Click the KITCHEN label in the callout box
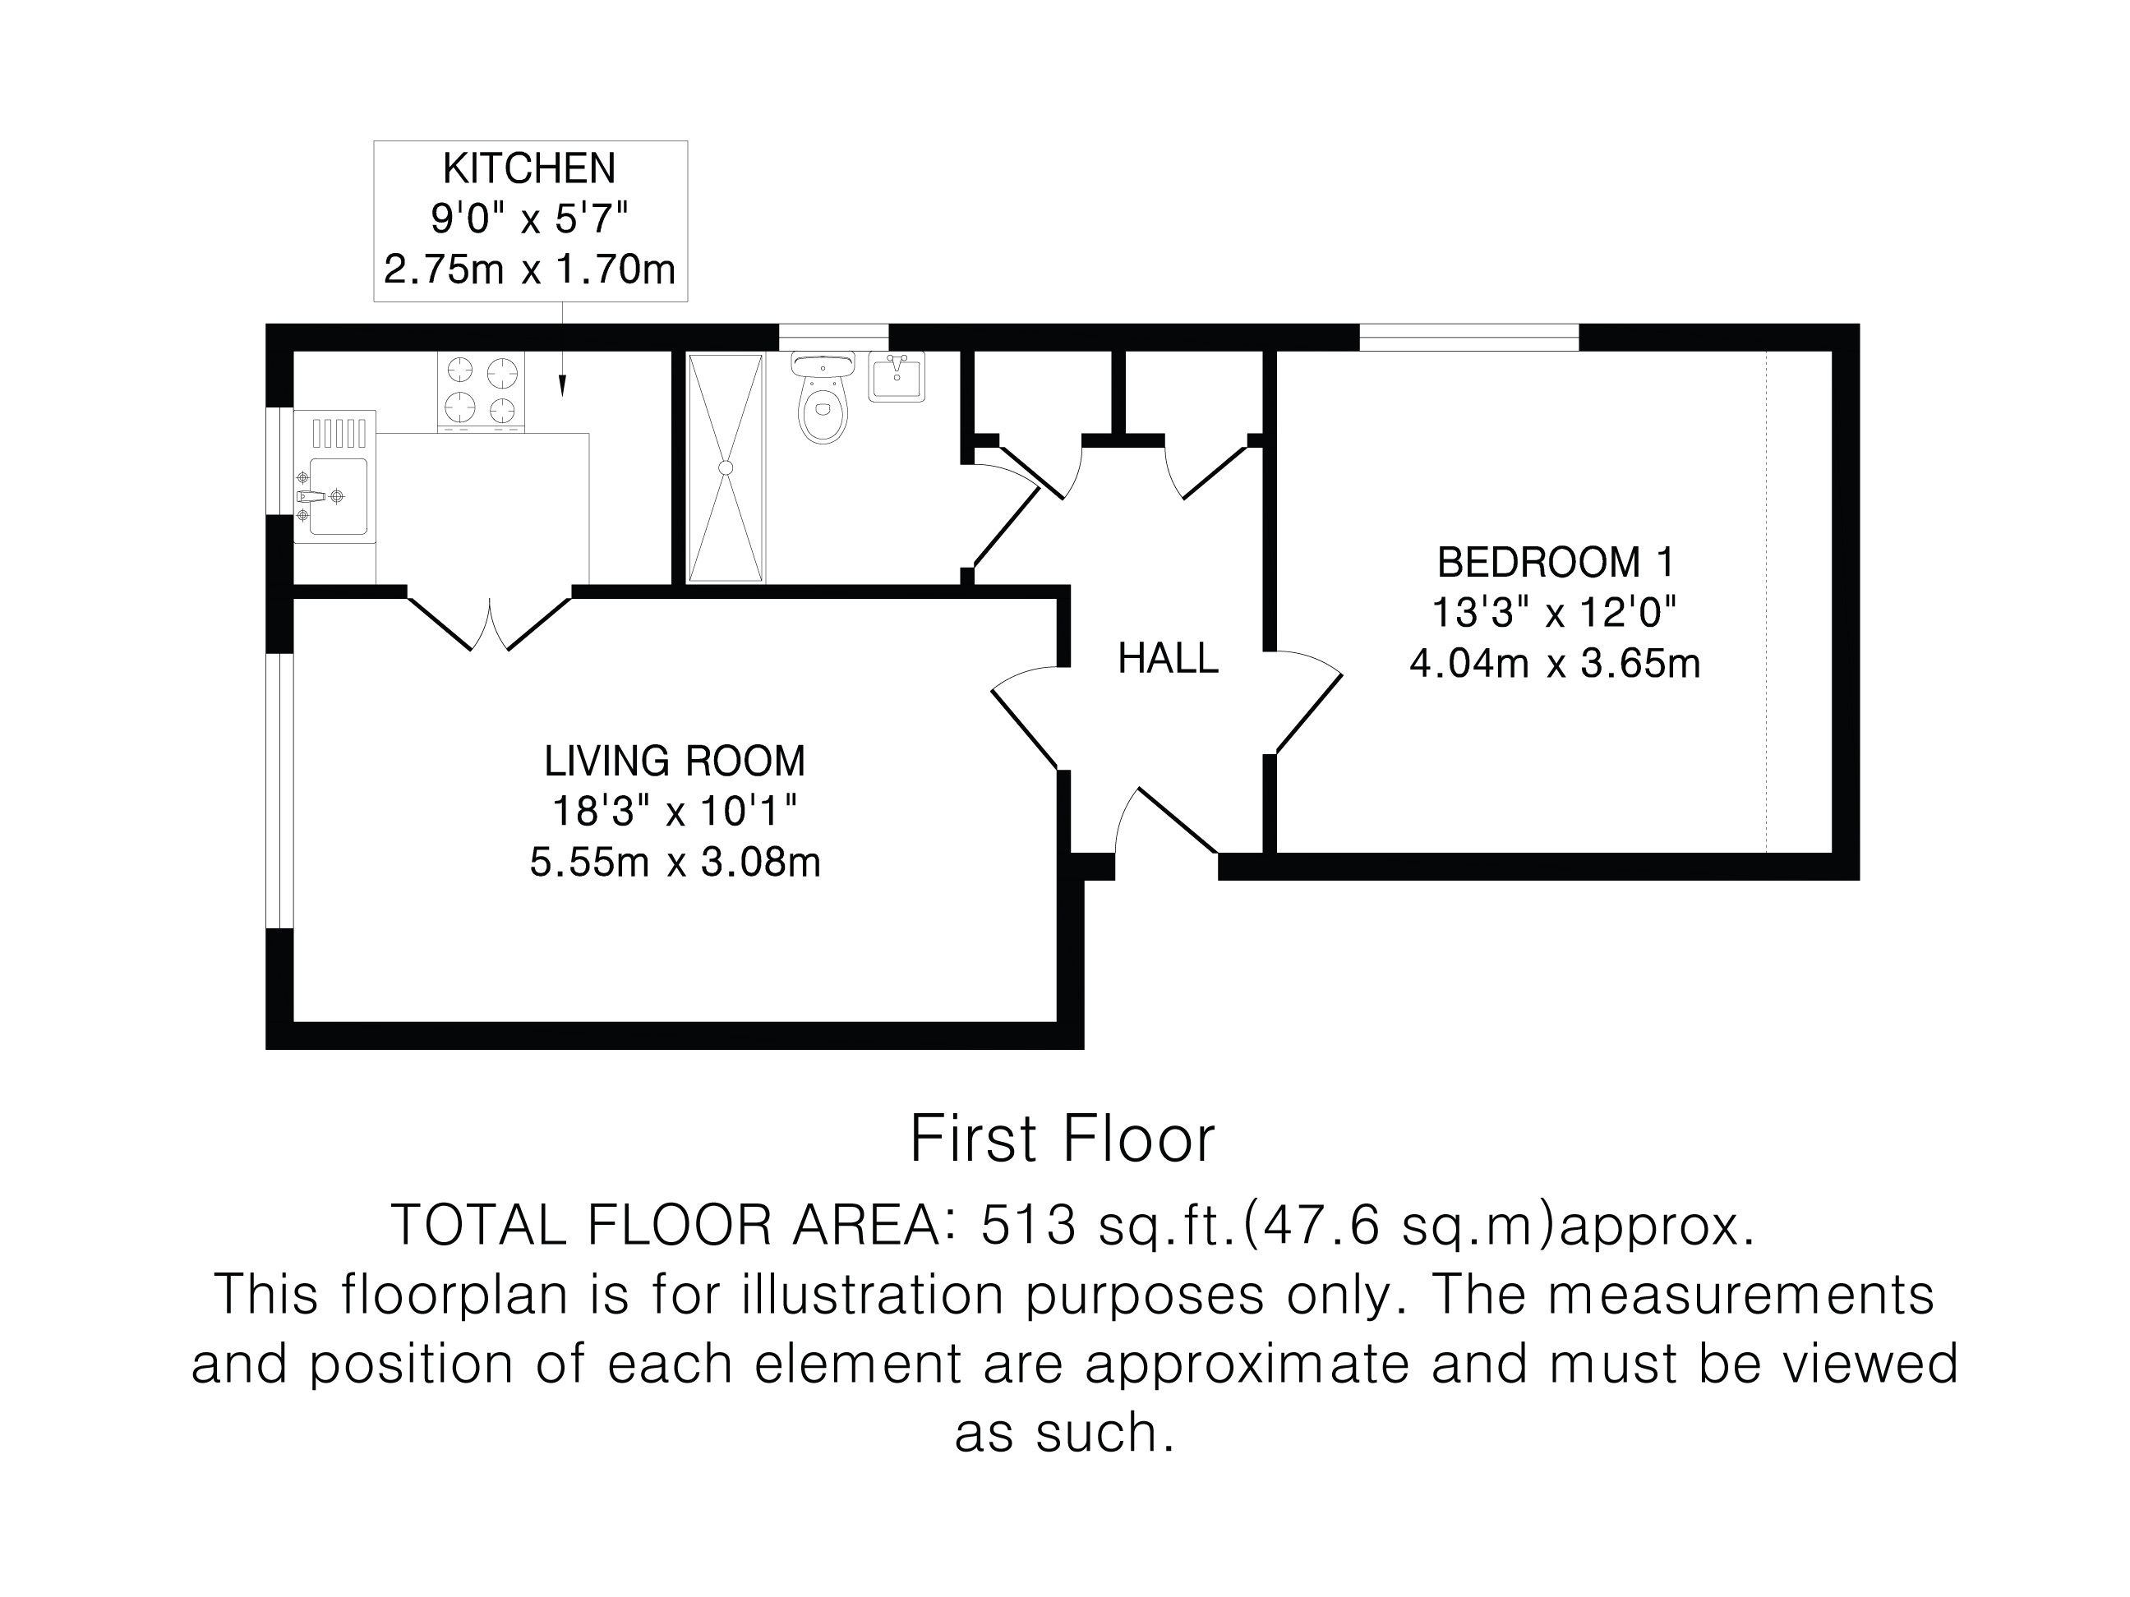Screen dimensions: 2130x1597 click(528, 169)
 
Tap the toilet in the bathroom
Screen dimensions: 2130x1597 click(823, 398)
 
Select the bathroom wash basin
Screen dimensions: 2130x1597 click(897, 376)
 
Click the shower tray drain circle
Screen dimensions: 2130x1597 click(726, 467)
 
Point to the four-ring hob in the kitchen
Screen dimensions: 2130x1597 click(482, 390)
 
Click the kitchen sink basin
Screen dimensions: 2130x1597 click(338, 497)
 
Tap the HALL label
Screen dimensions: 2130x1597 click(1168, 660)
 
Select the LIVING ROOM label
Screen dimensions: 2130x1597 click(674, 762)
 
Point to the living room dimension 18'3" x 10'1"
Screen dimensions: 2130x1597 click(674, 812)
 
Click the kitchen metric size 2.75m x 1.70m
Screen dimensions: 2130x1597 click(529, 269)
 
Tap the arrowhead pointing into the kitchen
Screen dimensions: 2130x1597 click(562, 385)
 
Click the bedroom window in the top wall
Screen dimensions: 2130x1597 click(1468, 338)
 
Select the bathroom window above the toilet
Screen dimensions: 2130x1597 click(833, 338)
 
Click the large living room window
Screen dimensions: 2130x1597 click(279, 791)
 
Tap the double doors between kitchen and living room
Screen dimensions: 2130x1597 click(490, 622)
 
